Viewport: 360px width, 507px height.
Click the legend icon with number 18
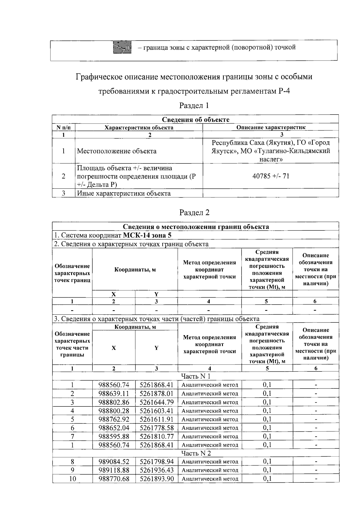(x=122, y=47)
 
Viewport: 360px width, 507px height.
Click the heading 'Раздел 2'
(x=194, y=212)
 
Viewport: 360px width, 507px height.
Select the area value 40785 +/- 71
(x=271, y=176)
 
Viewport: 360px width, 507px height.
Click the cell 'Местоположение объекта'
(x=117, y=151)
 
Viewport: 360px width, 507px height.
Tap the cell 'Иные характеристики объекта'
(x=124, y=193)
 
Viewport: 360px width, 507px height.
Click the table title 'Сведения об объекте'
(x=196, y=119)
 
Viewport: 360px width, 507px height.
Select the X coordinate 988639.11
(x=114, y=393)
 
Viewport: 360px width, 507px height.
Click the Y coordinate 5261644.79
(x=157, y=402)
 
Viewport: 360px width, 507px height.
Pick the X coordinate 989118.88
(x=114, y=470)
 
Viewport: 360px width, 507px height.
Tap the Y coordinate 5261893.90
(x=157, y=479)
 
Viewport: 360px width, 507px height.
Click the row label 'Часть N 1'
(x=196, y=376)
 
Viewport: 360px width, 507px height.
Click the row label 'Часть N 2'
(x=196, y=453)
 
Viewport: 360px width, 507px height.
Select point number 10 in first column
(x=72, y=479)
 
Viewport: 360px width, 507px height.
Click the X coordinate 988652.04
(x=114, y=428)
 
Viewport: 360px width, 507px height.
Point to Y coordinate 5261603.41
(x=157, y=411)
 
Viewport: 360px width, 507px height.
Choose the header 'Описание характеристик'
(x=271, y=127)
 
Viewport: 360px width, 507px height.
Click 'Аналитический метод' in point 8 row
(x=210, y=462)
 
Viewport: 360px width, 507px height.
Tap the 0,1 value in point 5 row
(x=267, y=419)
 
